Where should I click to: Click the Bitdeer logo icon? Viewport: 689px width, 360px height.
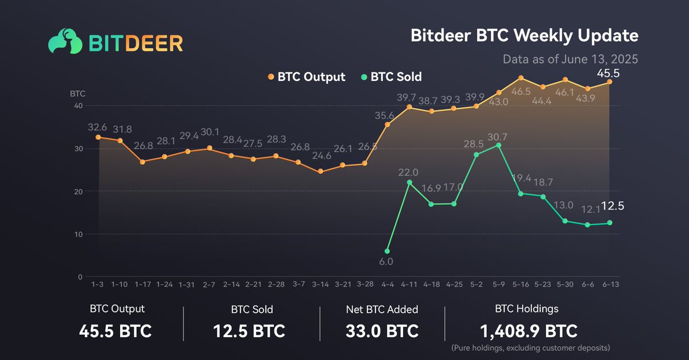click(64, 42)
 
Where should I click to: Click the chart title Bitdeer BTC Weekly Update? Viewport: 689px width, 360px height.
click(524, 36)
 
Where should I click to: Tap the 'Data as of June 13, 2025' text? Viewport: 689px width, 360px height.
click(570, 59)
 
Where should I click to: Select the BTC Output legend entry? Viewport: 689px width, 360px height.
click(307, 77)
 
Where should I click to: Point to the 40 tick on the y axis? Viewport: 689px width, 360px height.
click(78, 106)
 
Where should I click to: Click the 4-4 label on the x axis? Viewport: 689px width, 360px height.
click(387, 284)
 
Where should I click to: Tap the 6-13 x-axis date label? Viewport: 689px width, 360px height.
click(609, 284)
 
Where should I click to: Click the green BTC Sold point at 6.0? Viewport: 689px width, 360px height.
click(387, 251)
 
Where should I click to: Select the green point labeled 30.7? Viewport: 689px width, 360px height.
click(498, 145)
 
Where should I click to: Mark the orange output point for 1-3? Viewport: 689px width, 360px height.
click(98, 137)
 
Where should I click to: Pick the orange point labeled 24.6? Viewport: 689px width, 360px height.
click(320, 171)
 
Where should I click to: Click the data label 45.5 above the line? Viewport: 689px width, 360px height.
click(608, 73)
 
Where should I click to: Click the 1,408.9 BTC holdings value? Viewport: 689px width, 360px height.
click(527, 331)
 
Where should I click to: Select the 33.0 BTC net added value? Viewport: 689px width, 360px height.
click(382, 331)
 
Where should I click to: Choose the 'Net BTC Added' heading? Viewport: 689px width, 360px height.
click(382, 309)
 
